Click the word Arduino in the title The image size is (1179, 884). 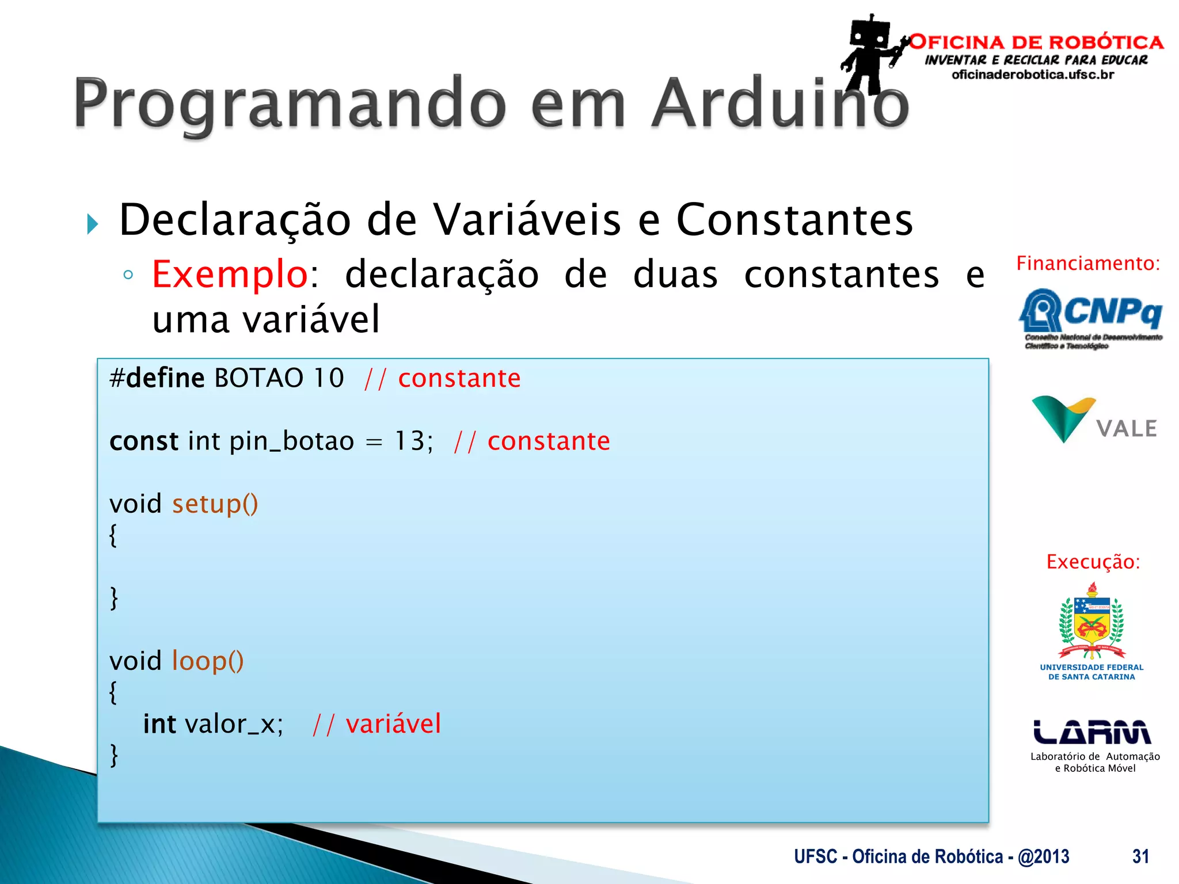coord(780,104)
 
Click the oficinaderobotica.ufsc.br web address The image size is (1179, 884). coord(1033,75)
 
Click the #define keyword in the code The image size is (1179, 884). coord(157,379)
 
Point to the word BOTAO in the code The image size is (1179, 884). coord(258,379)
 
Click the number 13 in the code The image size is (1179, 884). coord(409,441)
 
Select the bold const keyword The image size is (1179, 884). coord(144,441)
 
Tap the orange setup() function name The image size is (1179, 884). coord(215,504)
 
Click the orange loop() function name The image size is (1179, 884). coord(208,661)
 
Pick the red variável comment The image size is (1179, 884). coord(393,724)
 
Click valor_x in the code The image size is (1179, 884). coord(233,724)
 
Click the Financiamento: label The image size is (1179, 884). coord(1088,264)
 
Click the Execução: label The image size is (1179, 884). coord(1093,562)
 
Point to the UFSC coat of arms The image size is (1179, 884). coord(1091,622)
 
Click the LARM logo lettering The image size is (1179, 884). coord(1092,733)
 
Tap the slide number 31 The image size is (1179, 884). coord(1140,856)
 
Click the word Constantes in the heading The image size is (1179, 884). coord(794,220)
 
